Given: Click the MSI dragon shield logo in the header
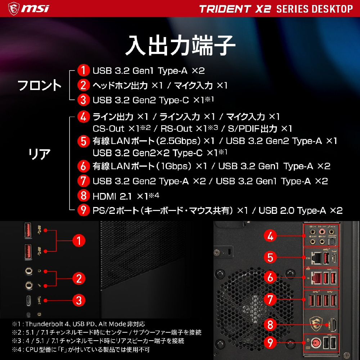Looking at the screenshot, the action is click(x=14, y=9).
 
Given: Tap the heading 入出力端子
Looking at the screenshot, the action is click(x=180, y=45).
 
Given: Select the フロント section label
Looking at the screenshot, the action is click(x=40, y=85).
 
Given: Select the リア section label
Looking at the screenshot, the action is click(x=40, y=154).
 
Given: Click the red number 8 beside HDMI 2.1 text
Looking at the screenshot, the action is click(x=84, y=195).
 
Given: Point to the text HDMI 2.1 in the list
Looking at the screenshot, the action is click(x=112, y=196).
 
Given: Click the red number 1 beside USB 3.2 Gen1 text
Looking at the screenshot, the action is click(x=84, y=70).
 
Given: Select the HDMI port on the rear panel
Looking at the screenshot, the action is click(x=333, y=325).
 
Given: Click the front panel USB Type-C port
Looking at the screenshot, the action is click(x=28, y=301).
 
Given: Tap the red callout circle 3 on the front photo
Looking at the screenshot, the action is click(x=79, y=301).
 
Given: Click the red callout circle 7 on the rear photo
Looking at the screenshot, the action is click(x=270, y=300).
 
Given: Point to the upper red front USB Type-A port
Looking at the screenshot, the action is click(x=28, y=230).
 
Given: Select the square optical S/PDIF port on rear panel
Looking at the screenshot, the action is click(x=332, y=242).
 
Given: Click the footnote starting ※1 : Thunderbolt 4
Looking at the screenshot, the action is click(x=78, y=324).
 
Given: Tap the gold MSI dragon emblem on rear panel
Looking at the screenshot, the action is click(x=316, y=324).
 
